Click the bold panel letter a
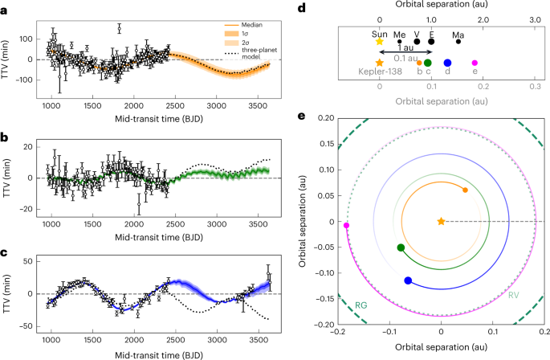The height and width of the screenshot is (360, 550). (x=7, y=7)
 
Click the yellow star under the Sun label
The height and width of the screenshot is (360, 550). (x=380, y=42)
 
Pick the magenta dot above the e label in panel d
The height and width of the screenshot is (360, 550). (x=475, y=63)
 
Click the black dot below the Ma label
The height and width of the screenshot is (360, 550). (x=458, y=41)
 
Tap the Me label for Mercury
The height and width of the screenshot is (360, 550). (x=400, y=34)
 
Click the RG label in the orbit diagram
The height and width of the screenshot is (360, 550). (x=363, y=305)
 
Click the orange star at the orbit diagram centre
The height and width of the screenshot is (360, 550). (x=441, y=221)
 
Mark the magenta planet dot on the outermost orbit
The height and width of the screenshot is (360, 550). (x=347, y=226)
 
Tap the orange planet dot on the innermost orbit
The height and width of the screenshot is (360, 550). (x=466, y=190)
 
